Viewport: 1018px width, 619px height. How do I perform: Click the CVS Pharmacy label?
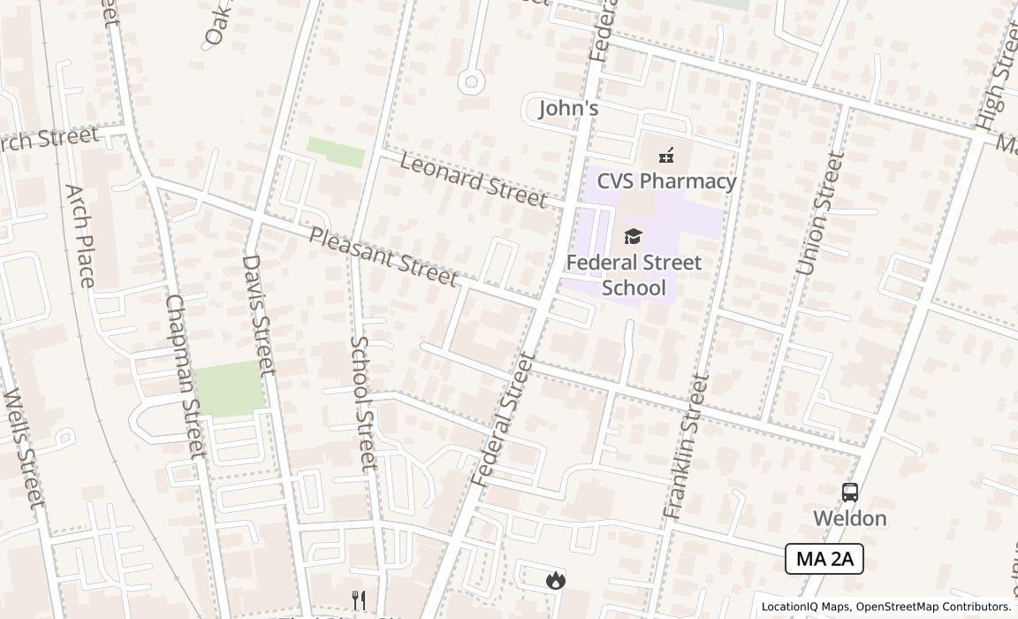coord(666,181)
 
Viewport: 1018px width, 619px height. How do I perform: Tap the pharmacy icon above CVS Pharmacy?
coord(666,157)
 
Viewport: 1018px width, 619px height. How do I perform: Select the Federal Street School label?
coord(634,275)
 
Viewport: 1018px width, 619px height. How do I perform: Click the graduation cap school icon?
coord(633,236)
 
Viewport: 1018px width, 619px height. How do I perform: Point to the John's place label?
coord(569,109)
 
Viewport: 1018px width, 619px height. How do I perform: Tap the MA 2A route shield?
coord(824,559)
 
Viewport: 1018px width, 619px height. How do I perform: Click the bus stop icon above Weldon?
coord(849,493)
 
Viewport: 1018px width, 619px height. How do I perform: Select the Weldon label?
coord(849,518)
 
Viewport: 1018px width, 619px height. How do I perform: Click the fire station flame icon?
coord(555,580)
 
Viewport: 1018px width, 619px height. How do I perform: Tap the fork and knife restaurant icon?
coord(359,600)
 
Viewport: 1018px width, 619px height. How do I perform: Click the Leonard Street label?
coord(473,180)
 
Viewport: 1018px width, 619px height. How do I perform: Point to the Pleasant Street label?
coord(384,256)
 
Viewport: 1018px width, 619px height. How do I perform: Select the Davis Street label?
coord(258,314)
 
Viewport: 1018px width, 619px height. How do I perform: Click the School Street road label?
coord(363,403)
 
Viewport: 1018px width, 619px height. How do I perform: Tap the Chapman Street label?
coord(186,375)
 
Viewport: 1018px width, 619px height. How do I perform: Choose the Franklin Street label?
coord(686,447)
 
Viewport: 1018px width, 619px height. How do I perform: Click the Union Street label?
coord(821,213)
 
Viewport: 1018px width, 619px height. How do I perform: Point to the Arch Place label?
coord(80,235)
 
